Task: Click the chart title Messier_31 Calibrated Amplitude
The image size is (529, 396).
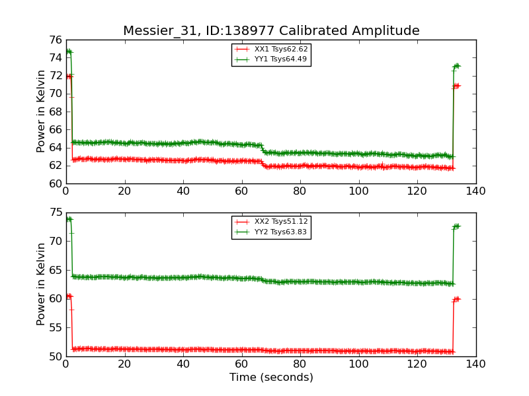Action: click(271, 31)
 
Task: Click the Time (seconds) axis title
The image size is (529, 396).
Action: click(271, 378)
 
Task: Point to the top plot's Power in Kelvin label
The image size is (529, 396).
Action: click(41, 111)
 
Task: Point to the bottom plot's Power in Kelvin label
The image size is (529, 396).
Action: click(41, 284)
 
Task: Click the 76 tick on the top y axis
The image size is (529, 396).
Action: click(55, 40)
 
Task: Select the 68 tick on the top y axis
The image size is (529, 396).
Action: click(55, 112)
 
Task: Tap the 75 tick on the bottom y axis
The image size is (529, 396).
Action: click(55, 213)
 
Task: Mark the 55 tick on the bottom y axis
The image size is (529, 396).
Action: click(55, 328)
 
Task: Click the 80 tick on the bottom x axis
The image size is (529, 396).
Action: click(300, 364)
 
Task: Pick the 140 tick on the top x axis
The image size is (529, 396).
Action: click(475, 191)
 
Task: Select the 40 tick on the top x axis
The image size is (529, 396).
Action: click(183, 191)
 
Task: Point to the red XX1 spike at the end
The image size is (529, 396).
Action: click(456, 86)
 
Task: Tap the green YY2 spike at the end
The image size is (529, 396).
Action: click(456, 226)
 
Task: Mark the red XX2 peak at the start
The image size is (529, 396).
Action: click(69, 296)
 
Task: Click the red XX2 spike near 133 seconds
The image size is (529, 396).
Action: click(456, 299)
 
